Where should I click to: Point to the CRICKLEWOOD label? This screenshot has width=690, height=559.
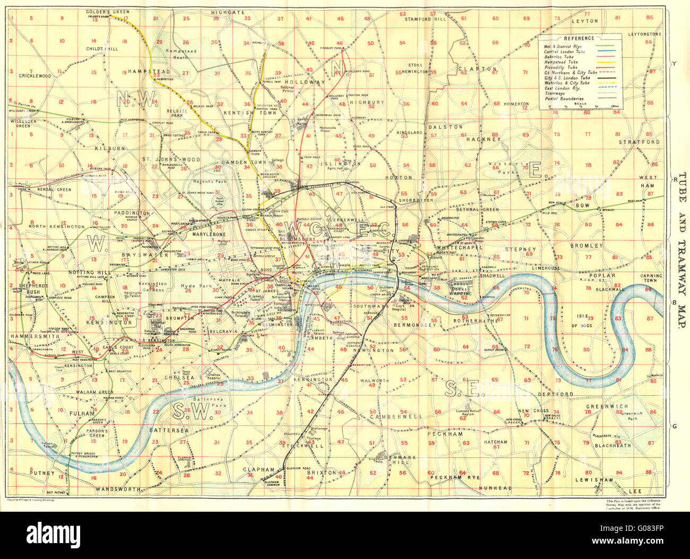[x=35, y=76]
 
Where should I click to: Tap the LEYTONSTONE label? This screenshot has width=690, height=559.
[x=644, y=34]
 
